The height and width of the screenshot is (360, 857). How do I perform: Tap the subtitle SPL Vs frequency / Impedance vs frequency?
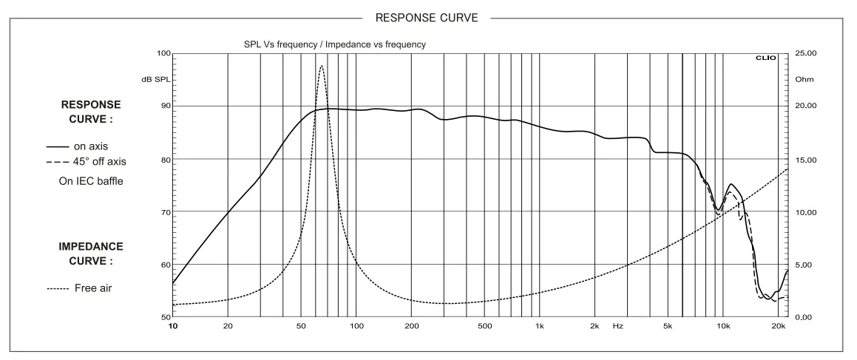[334, 44]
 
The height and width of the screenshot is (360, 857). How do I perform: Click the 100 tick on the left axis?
[163, 54]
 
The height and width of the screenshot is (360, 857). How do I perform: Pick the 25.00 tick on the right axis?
[804, 54]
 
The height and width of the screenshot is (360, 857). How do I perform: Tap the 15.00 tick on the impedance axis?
[804, 160]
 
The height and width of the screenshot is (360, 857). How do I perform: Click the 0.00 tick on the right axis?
[804, 318]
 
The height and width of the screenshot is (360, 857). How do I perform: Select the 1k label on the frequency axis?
[540, 325]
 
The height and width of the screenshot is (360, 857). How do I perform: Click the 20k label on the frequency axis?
[777, 325]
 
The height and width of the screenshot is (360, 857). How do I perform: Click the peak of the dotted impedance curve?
[321, 66]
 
